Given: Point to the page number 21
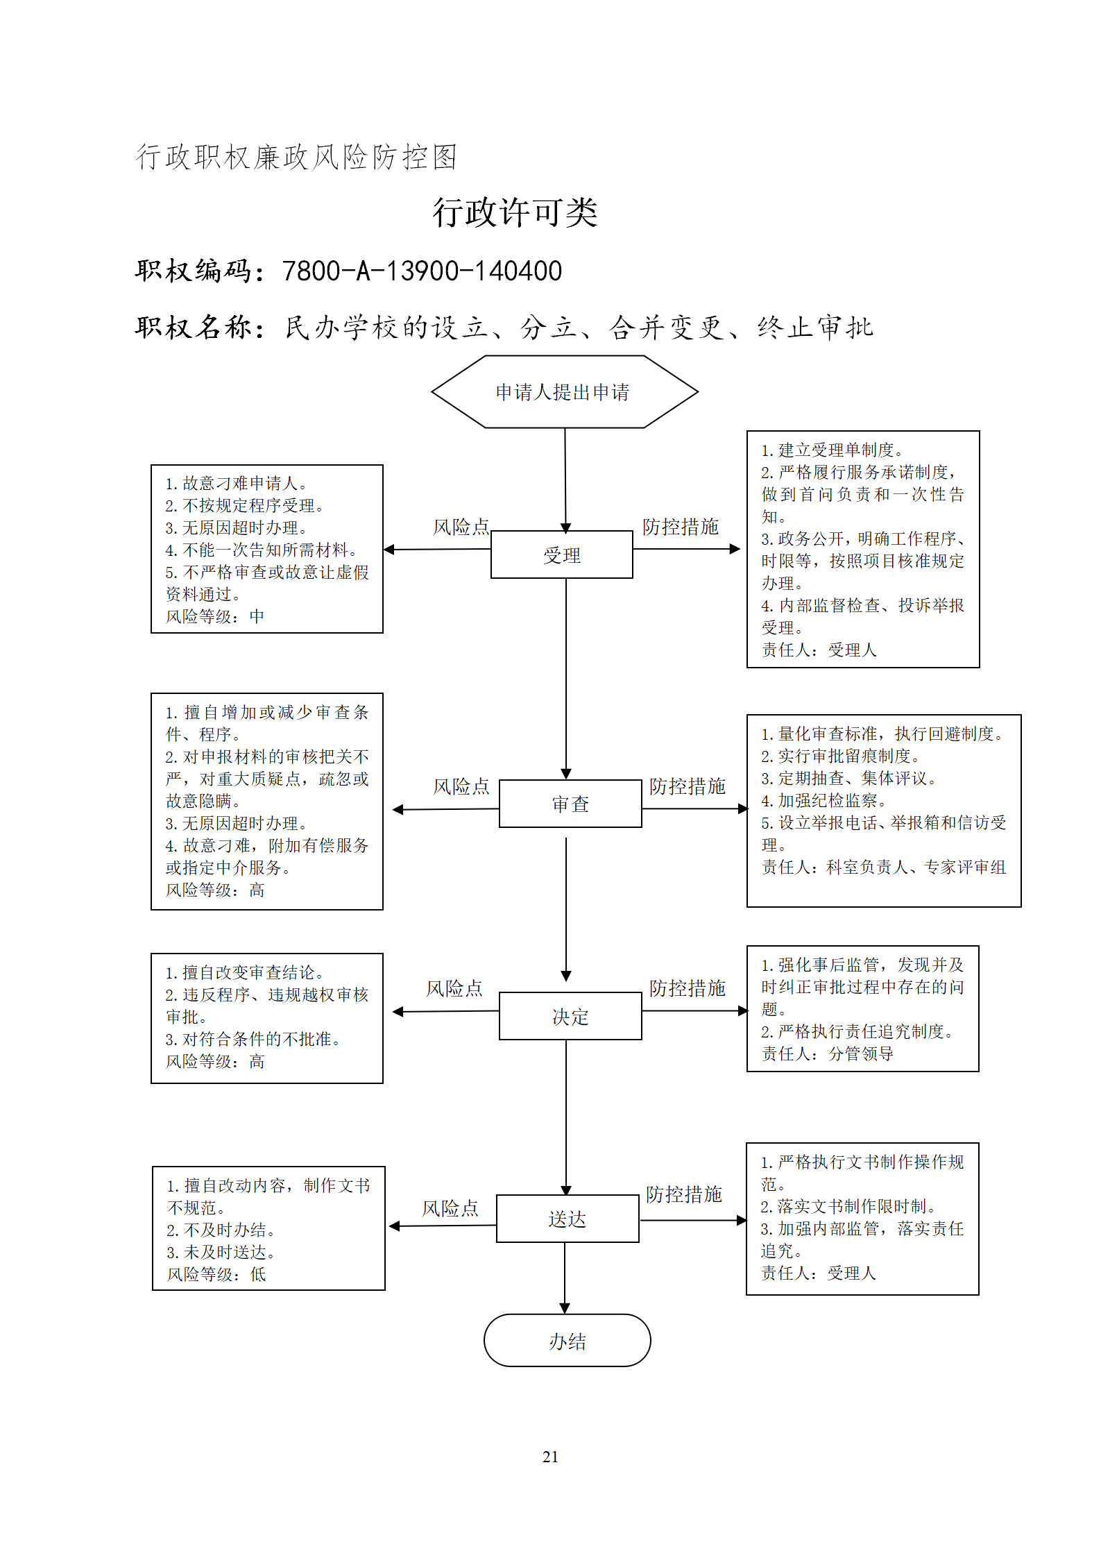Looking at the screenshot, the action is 550,1457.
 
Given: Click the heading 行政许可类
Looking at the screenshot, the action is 515,212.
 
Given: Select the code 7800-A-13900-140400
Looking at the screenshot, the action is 422,271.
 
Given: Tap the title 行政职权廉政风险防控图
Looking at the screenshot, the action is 296,157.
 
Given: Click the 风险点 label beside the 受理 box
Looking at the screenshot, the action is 461,527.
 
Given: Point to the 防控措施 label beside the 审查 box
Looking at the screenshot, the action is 688,786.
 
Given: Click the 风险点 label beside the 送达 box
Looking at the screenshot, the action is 450,1208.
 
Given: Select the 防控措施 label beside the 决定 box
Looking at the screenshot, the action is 688,988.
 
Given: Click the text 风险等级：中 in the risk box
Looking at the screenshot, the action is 215,616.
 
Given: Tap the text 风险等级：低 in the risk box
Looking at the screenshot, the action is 216,1274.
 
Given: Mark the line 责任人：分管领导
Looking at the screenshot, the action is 828,1053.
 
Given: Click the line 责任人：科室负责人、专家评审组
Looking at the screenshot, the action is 884,867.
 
